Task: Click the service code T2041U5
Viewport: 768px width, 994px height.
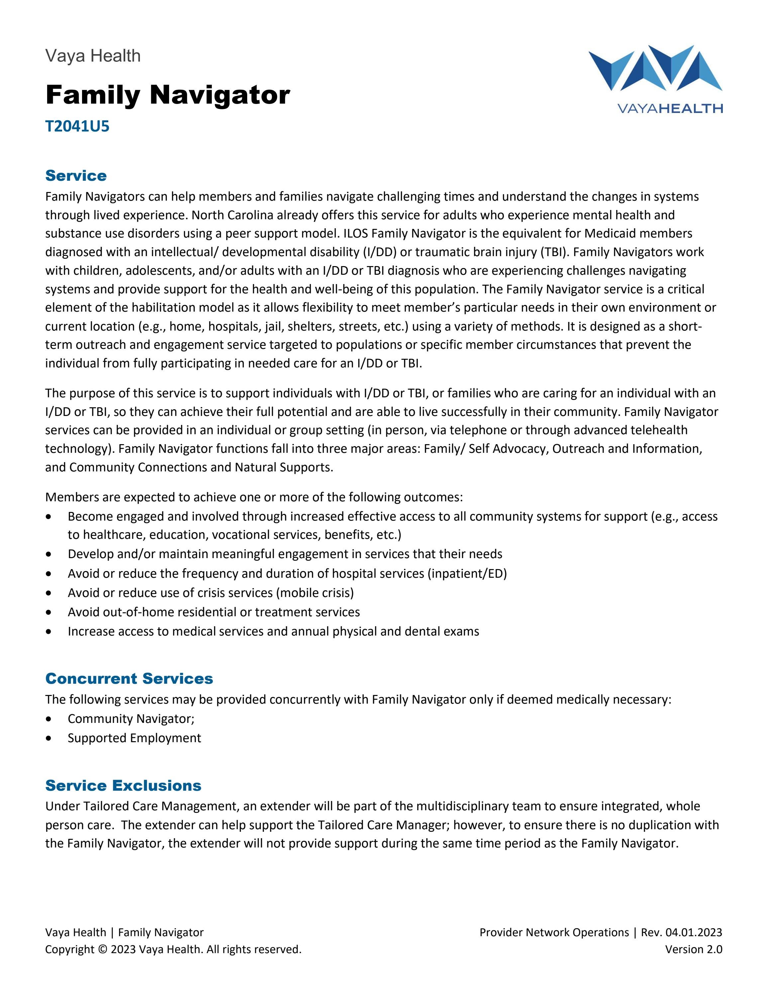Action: click(x=77, y=126)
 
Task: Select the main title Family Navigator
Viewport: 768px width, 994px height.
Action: click(x=167, y=95)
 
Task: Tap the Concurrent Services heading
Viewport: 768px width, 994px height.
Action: click(x=129, y=679)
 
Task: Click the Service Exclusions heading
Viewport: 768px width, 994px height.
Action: click(x=123, y=786)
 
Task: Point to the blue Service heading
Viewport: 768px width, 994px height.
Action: click(x=76, y=176)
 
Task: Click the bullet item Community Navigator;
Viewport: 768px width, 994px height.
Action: click(x=131, y=719)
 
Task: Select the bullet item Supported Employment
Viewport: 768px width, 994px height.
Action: click(x=134, y=738)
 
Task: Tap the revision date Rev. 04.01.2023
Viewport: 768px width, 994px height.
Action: click(x=681, y=933)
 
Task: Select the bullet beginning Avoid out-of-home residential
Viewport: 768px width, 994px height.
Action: click(x=214, y=612)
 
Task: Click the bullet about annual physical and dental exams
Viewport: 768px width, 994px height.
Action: click(x=273, y=632)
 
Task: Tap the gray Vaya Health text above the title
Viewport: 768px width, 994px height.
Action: click(x=93, y=56)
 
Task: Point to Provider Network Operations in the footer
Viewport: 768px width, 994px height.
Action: click(x=554, y=933)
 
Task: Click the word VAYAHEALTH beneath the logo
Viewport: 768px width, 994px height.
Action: click(x=669, y=108)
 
